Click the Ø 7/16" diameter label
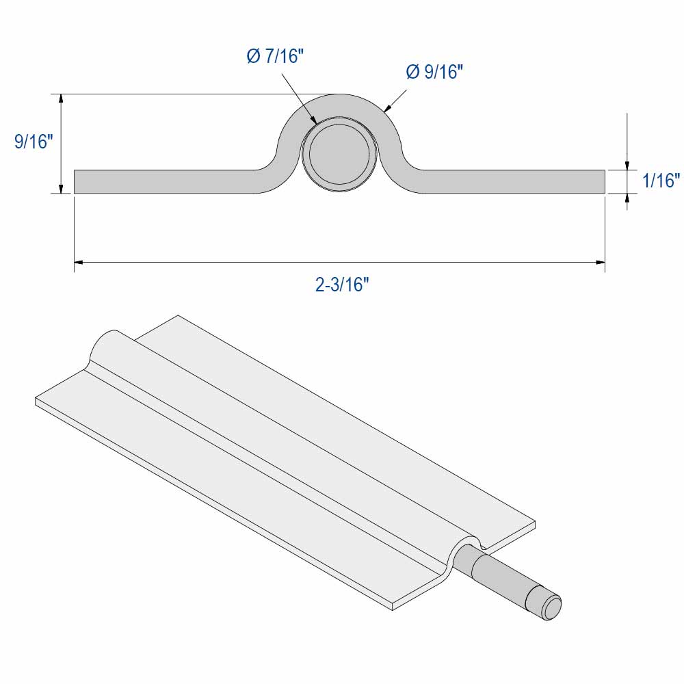275,57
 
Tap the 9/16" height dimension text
34,142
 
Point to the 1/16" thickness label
660,181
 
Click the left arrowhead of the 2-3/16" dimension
79,261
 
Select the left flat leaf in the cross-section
164,181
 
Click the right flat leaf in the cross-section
513,181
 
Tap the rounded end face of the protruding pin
551,606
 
